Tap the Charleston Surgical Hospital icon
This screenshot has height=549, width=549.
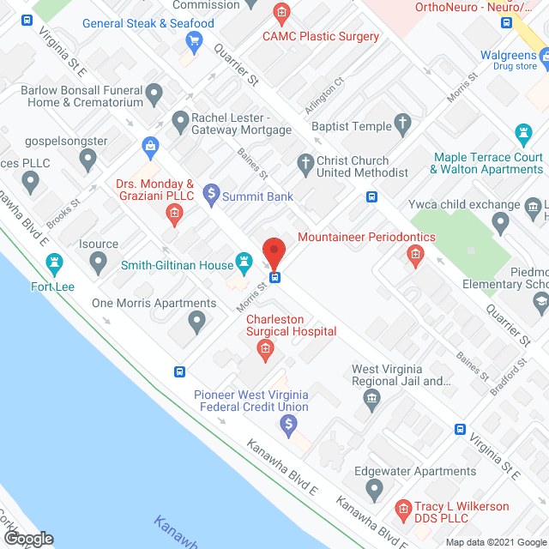coord(266,348)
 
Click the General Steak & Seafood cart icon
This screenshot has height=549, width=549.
coord(195,39)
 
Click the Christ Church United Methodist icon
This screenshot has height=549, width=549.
coord(305,162)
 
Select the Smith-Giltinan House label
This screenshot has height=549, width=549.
coord(178,266)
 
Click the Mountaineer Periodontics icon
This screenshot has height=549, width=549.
coord(414,254)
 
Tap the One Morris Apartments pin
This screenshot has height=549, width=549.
coord(197,323)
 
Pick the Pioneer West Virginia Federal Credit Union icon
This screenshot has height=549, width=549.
coord(289,424)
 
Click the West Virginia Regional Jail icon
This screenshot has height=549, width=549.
coord(371,397)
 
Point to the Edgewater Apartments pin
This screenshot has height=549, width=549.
coord(374,490)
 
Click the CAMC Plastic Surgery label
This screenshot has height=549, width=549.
coord(321,36)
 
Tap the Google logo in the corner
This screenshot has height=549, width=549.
coord(28,538)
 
